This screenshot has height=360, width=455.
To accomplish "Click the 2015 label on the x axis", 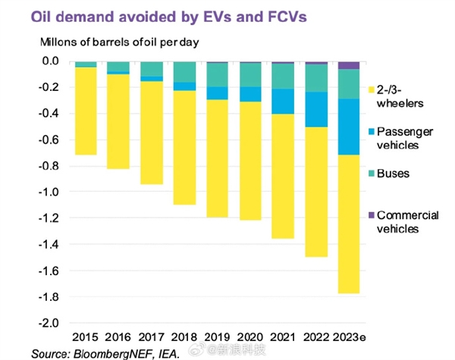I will pyautogui.click(x=86, y=337).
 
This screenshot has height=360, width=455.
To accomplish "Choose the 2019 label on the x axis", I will pyautogui.click(x=218, y=337).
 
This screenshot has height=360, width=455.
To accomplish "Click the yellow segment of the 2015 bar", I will pyautogui.click(x=86, y=111).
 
